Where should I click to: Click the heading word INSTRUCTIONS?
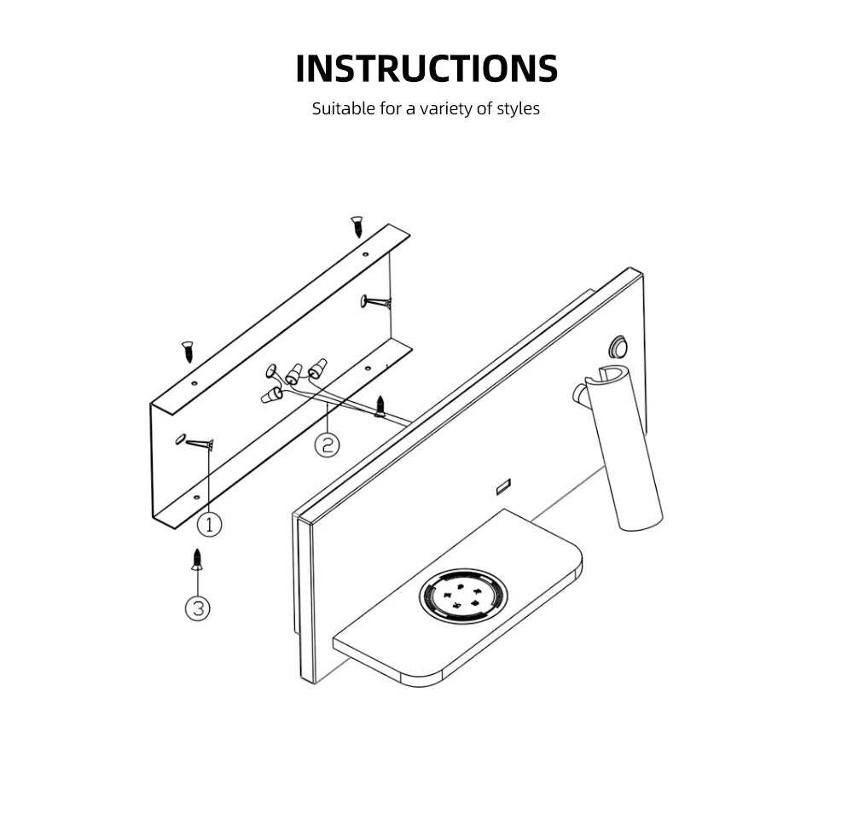pos(426,68)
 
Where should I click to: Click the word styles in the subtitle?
pos(518,109)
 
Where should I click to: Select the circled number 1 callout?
pos(210,524)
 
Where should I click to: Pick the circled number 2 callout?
pos(327,445)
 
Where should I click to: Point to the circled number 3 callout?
pos(198,608)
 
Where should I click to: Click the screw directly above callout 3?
pos(198,560)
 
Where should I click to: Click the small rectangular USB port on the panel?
pos(503,486)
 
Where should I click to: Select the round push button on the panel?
pos(618,346)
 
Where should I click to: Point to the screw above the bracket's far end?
pos(357,226)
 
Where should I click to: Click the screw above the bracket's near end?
pos(188,352)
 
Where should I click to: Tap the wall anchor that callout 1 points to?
pos(199,444)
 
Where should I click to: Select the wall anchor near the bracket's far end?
pos(376,301)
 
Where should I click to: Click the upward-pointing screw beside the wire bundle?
pos(380,406)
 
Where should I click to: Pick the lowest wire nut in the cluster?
pos(271,396)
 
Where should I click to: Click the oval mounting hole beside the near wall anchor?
pos(179,438)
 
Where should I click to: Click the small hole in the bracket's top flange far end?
pos(365,254)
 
